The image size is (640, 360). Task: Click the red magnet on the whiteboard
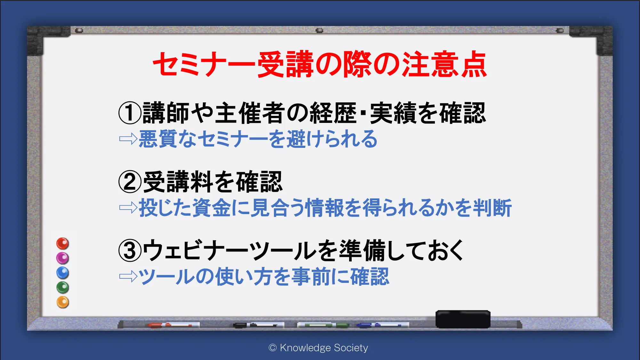(63, 244)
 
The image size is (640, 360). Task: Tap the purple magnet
(63, 258)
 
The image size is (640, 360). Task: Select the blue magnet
(63, 273)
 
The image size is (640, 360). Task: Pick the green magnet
(63, 287)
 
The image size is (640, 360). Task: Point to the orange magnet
(63, 302)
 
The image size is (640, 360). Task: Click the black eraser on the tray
(463, 319)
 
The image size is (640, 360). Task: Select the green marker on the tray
(323, 325)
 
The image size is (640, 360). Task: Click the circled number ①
(130, 113)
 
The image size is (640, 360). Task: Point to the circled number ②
(130, 182)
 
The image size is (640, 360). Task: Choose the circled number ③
(130, 251)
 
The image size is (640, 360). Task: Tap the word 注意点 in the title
(444, 64)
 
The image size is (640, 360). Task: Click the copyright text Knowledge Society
(324, 348)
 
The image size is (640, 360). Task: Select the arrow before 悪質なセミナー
(128, 139)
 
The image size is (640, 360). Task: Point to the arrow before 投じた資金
(128, 208)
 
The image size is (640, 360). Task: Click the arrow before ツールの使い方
(128, 276)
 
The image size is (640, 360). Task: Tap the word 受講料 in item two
(178, 182)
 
